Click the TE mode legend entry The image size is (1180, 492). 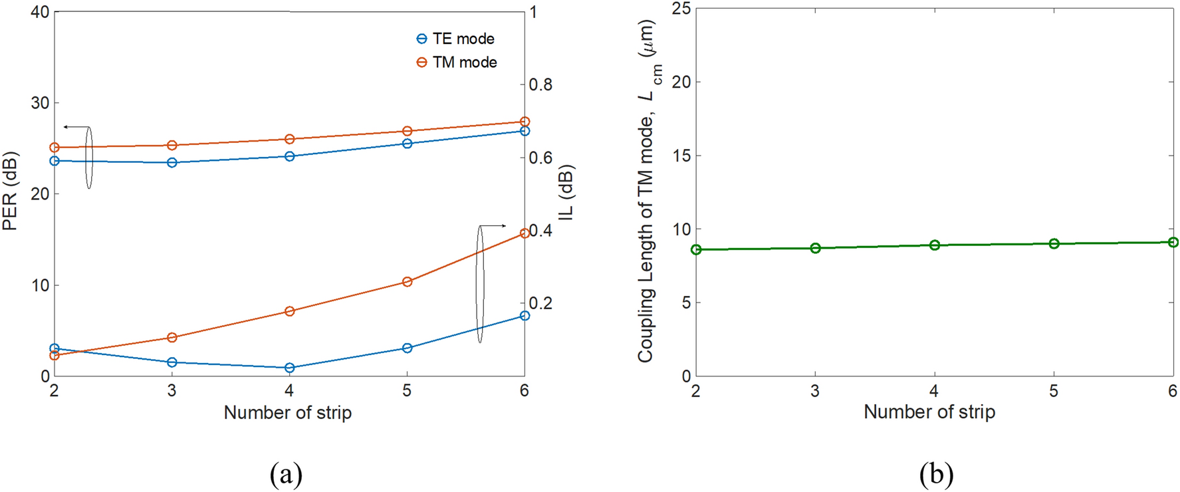[455, 39]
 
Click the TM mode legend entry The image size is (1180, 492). [457, 62]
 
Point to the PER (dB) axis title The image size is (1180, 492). [10, 191]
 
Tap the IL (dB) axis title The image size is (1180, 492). [566, 193]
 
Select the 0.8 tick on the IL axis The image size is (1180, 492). [540, 85]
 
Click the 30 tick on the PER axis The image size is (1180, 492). [40, 103]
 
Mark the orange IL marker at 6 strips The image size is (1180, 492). [525, 233]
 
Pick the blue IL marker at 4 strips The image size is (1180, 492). [289, 368]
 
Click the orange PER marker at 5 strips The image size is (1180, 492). [408, 131]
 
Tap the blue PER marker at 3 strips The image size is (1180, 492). [172, 162]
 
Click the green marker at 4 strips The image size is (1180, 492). [935, 245]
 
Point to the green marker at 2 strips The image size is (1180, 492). [696, 250]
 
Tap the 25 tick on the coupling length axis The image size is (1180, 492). [682, 9]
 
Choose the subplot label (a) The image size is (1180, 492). [287, 474]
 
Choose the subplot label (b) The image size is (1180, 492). [936, 474]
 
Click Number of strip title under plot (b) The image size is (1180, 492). [929, 412]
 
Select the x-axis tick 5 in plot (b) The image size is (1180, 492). [1054, 392]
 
